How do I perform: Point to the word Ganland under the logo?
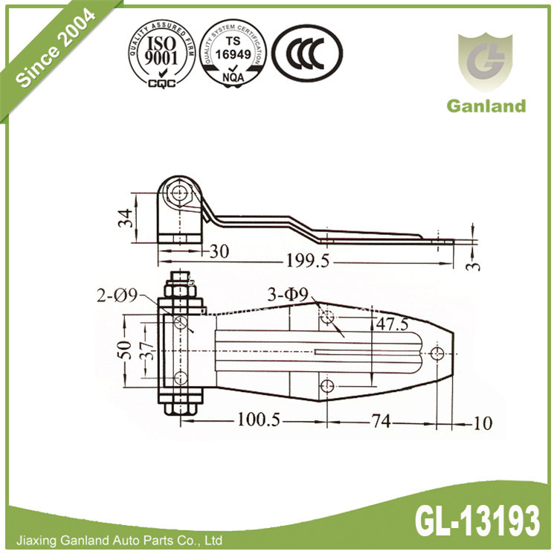click(x=486, y=106)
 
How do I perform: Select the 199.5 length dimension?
click(x=306, y=261)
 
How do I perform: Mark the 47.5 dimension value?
click(x=392, y=324)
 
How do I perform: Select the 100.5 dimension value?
click(x=258, y=421)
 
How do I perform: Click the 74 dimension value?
click(x=380, y=422)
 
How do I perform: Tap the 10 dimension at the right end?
click(x=482, y=424)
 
